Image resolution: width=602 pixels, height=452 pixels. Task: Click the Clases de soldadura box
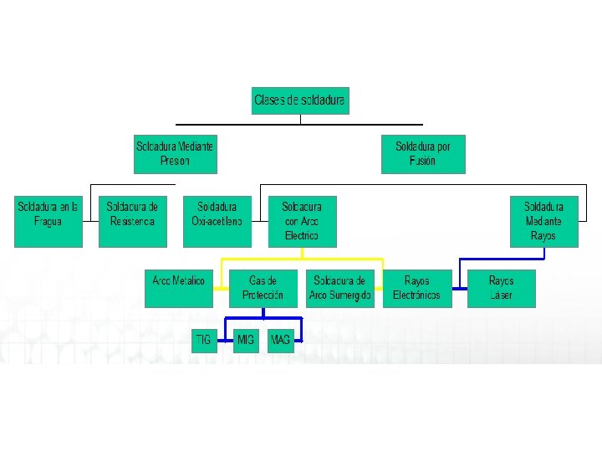(300, 100)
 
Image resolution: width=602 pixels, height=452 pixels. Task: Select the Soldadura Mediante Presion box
(175, 153)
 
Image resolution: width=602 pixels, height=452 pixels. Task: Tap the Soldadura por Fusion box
(422, 153)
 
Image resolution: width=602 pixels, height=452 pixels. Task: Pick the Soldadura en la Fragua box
(48, 221)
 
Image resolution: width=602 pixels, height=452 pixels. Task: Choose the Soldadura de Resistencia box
(132, 221)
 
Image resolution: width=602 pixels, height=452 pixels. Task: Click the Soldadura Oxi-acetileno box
(217, 221)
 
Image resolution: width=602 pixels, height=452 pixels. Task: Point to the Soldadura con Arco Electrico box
(302, 221)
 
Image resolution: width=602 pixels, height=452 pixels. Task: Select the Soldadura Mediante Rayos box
(543, 221)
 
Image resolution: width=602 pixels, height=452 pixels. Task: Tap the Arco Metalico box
(178, 288)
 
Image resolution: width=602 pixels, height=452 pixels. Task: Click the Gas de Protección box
(263, 288)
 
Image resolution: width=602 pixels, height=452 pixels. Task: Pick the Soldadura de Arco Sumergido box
(340, 288)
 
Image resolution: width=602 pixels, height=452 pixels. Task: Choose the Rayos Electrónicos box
(416, 288)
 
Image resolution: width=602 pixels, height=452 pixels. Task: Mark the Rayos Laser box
(501, 288)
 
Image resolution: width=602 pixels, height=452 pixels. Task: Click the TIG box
(203, 341)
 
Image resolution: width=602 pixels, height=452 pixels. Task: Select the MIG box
(246, 341)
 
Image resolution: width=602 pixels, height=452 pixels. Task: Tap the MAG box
(281, 341)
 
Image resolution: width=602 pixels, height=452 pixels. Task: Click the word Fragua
(48, 222)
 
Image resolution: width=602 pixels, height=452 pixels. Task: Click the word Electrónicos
(416, 295)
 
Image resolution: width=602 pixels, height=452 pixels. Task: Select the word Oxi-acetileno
(217, 222)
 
